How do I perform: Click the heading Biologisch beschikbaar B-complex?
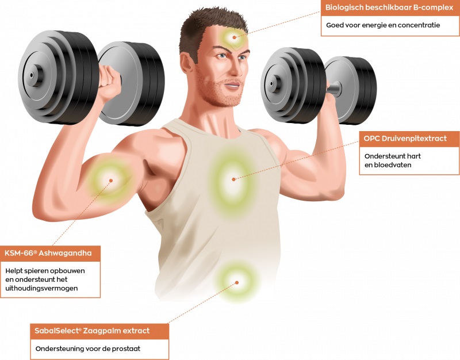(x=389, y=8)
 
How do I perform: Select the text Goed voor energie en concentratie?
(x=383, y=25)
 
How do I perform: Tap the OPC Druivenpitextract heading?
(x=405, y=139)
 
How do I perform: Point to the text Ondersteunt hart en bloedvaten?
(x=393, y=160)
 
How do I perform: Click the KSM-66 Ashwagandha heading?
(x=48, y=253)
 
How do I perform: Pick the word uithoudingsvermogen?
(x=41, y=289)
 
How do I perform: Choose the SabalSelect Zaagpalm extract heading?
(x=92, y=331)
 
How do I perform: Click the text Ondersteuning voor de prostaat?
(x=88, y=349)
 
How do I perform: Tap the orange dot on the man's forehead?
(x=234, y=37)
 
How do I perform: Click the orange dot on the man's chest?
(x=233, y=179)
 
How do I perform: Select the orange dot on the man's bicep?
(x=111, y=181)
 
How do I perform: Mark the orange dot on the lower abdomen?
(x=237, y=282)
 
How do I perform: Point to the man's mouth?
(x=233, y=86)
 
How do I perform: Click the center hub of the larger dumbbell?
(x=33, y=75)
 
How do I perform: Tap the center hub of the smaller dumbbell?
(x=272, y=83)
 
